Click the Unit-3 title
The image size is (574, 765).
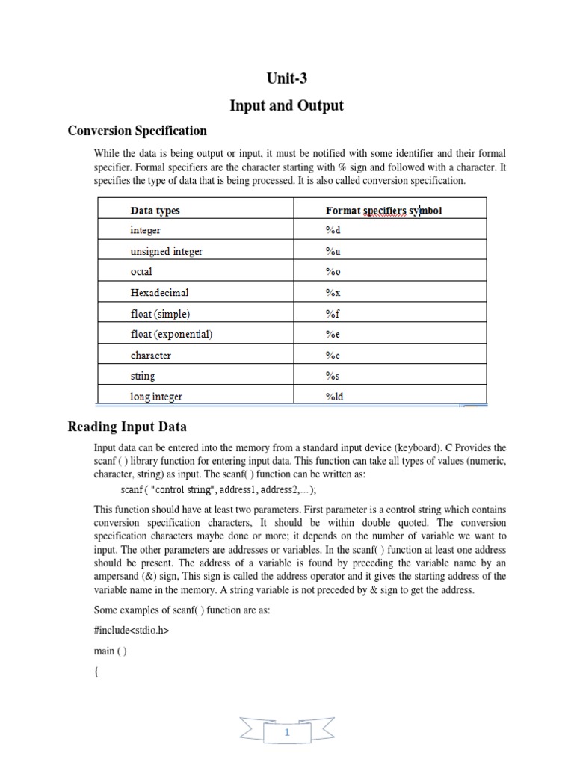(286, 80)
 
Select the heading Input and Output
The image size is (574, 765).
(286, 105)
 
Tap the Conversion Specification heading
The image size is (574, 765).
(138, 131)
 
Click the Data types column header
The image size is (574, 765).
(155, 211)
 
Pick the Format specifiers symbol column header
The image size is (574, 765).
(383, 211)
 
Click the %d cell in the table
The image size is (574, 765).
(333, 231)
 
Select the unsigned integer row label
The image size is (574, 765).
(166, 252)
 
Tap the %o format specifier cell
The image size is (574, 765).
(333, 273)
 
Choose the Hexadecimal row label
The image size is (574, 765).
(159, 293)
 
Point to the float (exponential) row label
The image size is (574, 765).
(171, 335)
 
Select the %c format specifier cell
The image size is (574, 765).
(333, 356)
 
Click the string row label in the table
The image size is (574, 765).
(143, 377)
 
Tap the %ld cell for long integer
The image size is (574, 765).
(335, 397)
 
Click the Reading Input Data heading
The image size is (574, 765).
(127, 427)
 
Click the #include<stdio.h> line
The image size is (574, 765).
(132, 631)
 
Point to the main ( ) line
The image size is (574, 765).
(110, 651)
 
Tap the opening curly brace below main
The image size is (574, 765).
(96, 672)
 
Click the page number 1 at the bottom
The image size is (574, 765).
(287, 734)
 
